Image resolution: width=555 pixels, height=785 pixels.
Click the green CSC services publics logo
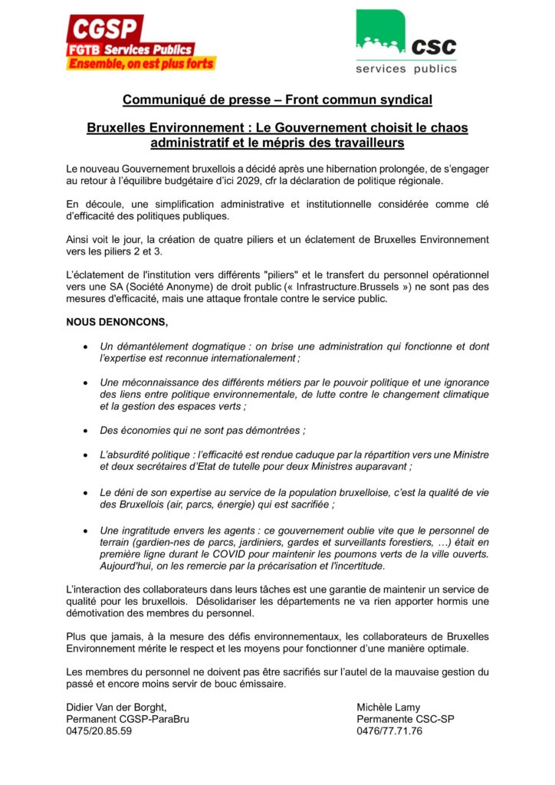click(406, 42)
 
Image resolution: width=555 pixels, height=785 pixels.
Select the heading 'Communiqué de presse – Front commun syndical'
click(277, 100)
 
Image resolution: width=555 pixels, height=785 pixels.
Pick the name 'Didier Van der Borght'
click(116, 706)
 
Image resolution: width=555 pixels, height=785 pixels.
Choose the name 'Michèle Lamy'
click(389, 706)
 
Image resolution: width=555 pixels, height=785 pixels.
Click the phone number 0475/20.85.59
click(99, 731)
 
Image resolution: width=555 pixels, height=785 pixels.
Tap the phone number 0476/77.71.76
click(389, 731)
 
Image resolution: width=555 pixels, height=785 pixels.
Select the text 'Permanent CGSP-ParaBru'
click(127, 718)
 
